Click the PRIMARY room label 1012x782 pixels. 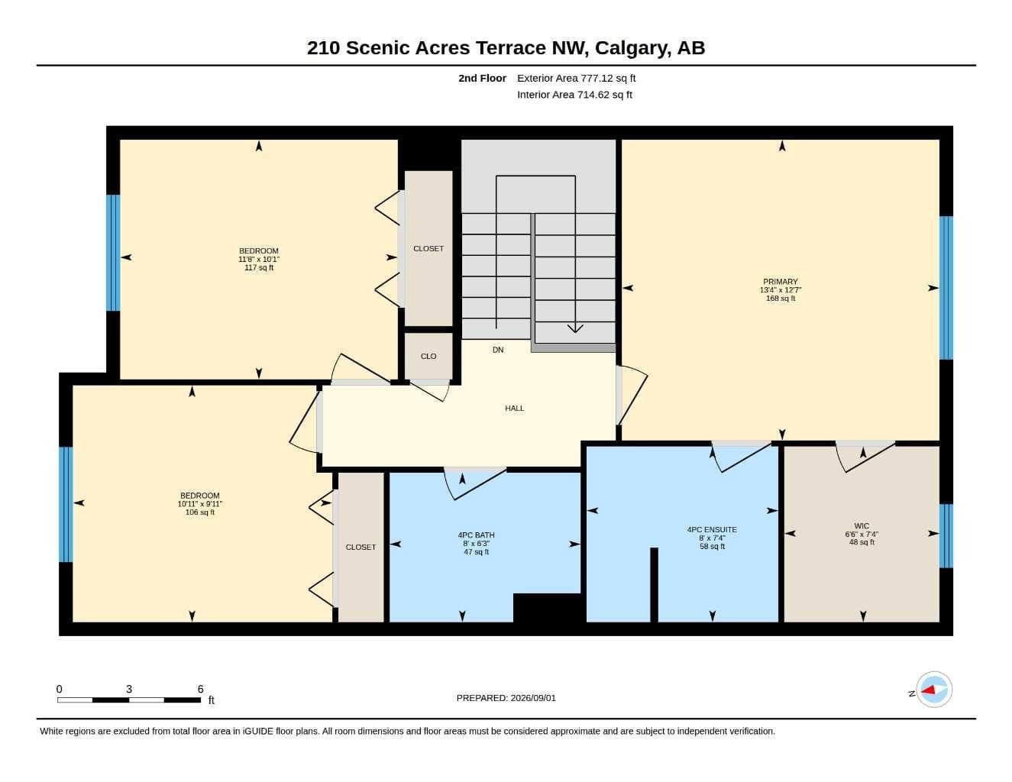780,282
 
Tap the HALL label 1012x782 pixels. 515,409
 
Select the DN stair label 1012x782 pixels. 498,350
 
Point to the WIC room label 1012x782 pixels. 862,526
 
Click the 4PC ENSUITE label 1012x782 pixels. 712,530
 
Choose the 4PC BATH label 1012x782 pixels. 476,535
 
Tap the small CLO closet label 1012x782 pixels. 428,357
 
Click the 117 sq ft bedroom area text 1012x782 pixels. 259,267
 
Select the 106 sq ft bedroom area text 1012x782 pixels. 200,512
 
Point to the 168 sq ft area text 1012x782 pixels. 781,299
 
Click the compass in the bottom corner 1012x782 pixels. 934,690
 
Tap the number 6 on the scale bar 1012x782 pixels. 201,689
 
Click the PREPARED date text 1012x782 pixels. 506,698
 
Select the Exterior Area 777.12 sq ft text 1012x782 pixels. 576,78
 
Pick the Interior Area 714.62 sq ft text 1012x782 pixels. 574,95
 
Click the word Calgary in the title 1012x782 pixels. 632,48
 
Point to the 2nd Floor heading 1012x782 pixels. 482,78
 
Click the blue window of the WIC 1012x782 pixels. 946,536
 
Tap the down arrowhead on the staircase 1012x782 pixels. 575,328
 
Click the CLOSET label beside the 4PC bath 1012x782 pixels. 361,548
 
